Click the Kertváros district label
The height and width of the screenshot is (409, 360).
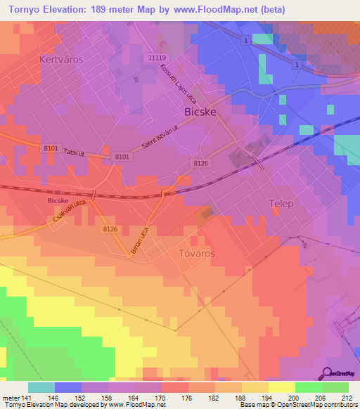(x=61, y=60)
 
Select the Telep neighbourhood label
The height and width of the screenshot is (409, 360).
(x=281, y=203)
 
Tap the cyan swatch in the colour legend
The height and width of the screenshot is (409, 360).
(x=41, y=387)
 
